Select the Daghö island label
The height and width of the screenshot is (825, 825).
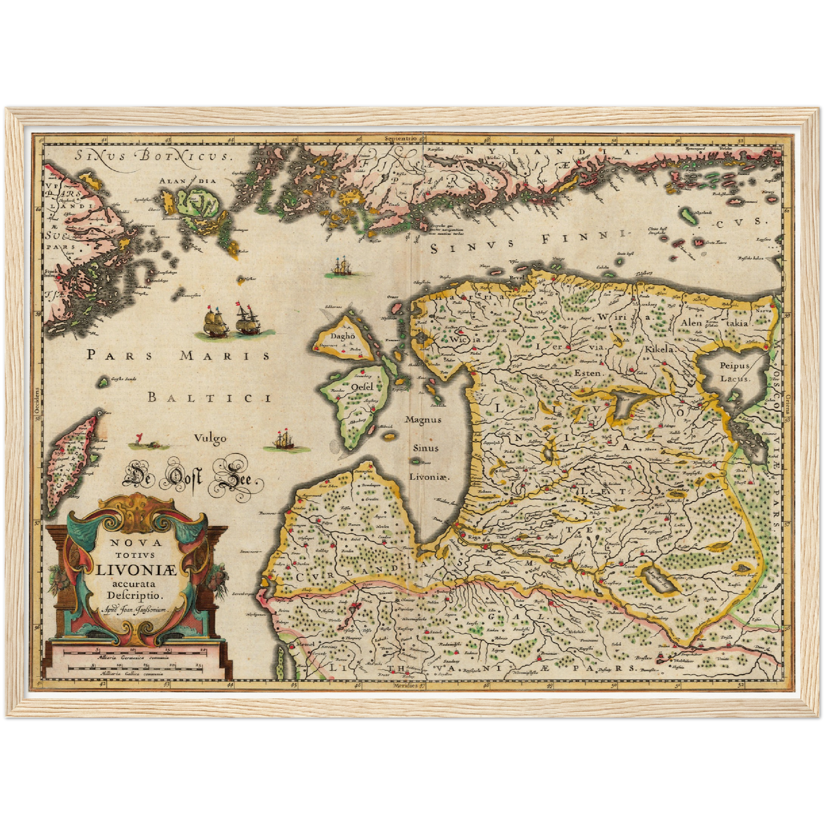[x=343, y=336]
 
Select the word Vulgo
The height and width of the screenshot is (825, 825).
[x=210, y=438]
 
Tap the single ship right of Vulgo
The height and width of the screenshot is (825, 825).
[x=285, y=441]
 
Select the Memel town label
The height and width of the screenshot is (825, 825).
[x=306, y=645]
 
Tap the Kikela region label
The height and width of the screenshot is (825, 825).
[x=659, y=348]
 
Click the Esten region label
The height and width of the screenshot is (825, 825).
[x=587, y=373]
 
